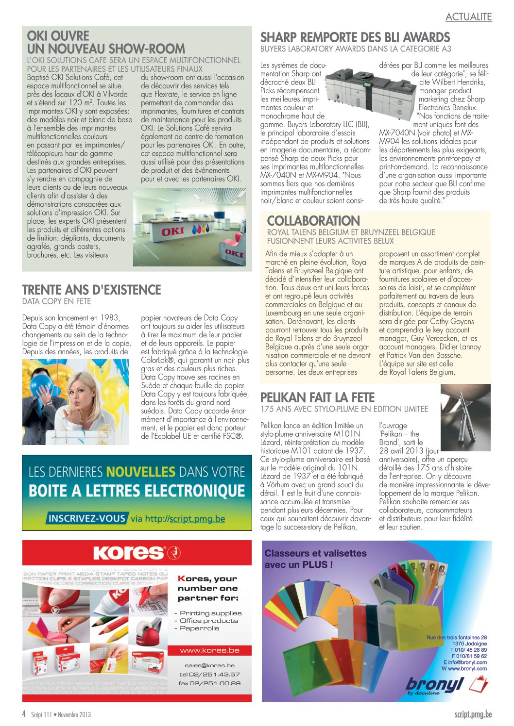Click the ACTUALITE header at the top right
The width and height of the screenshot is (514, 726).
pos(468,17)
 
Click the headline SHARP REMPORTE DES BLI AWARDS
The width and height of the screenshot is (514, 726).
pos(355,37)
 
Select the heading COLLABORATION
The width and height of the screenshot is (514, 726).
pos(313,221)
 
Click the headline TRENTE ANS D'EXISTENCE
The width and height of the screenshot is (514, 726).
pos(91,290)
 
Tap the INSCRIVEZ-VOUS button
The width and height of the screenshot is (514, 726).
pos(87,518)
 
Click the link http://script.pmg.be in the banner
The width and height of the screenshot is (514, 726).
pos(185,519)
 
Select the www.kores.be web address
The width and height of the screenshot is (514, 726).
pos(209,650)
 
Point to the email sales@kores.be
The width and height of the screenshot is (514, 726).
pos(209,665)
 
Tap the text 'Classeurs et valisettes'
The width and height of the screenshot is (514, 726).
pos(315,553)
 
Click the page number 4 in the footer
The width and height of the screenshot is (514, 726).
pos(24,714)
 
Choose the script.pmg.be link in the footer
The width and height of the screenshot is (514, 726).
pos(473,714)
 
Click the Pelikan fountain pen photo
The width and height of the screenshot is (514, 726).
pos(465,417)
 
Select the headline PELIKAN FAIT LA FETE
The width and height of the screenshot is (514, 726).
pos(317,397)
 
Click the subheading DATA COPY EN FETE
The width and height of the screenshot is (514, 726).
pos(56,301)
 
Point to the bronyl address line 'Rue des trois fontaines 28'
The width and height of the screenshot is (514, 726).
pos(456,637)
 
